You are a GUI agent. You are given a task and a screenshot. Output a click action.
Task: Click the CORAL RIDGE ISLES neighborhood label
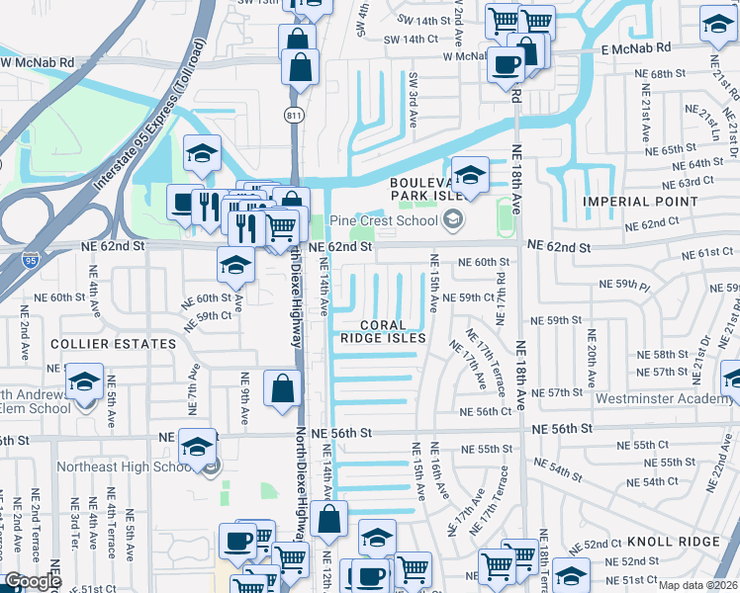point(383,331)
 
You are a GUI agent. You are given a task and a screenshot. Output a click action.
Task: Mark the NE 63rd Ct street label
point(690,182)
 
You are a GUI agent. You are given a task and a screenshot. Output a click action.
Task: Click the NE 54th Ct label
point(670,481)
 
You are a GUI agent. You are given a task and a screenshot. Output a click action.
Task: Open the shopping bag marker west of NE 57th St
point(282,388)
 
